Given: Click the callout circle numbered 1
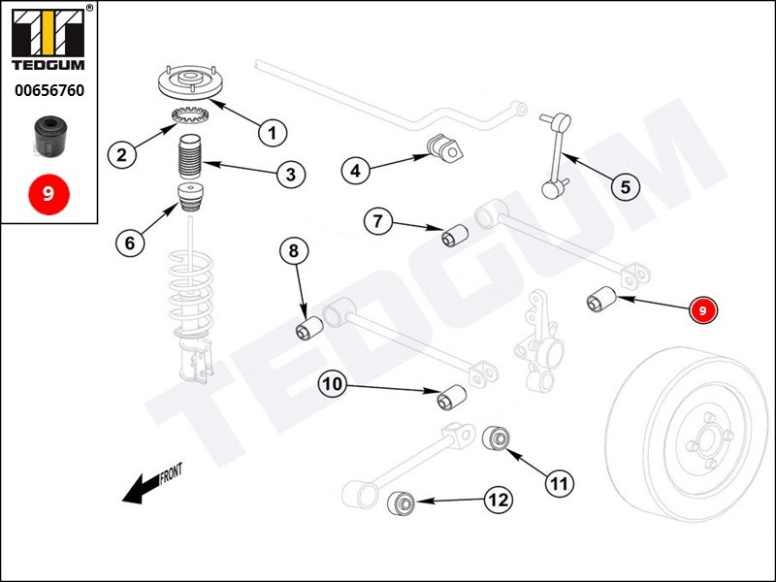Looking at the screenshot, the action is [273, 132].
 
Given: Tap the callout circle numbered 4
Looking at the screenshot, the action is [355, 171].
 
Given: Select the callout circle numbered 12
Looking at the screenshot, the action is [499, 500].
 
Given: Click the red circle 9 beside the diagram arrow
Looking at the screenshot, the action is [703, 310].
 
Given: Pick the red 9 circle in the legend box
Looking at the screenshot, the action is [48, 193].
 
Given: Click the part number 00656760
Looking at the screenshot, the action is [49, 90].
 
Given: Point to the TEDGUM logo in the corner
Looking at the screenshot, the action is [48, 38].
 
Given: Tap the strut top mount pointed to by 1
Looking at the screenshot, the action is [191, 81].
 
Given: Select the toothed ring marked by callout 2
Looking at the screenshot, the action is [190, 115].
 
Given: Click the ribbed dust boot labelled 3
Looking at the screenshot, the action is [190, 158].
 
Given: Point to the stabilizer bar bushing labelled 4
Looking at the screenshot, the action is [445, 148].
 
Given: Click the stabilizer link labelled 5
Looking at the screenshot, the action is [556, 155].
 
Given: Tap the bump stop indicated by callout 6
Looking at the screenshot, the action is [190, 197].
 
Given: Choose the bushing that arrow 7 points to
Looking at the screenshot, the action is [455, 236].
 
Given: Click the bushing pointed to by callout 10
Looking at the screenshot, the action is [452, 398].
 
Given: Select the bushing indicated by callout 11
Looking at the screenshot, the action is [498, 437].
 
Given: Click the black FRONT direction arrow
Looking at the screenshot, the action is [142, 489].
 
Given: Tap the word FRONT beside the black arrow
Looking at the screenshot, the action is [171, 473].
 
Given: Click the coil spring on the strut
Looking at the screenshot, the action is [191, 292].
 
